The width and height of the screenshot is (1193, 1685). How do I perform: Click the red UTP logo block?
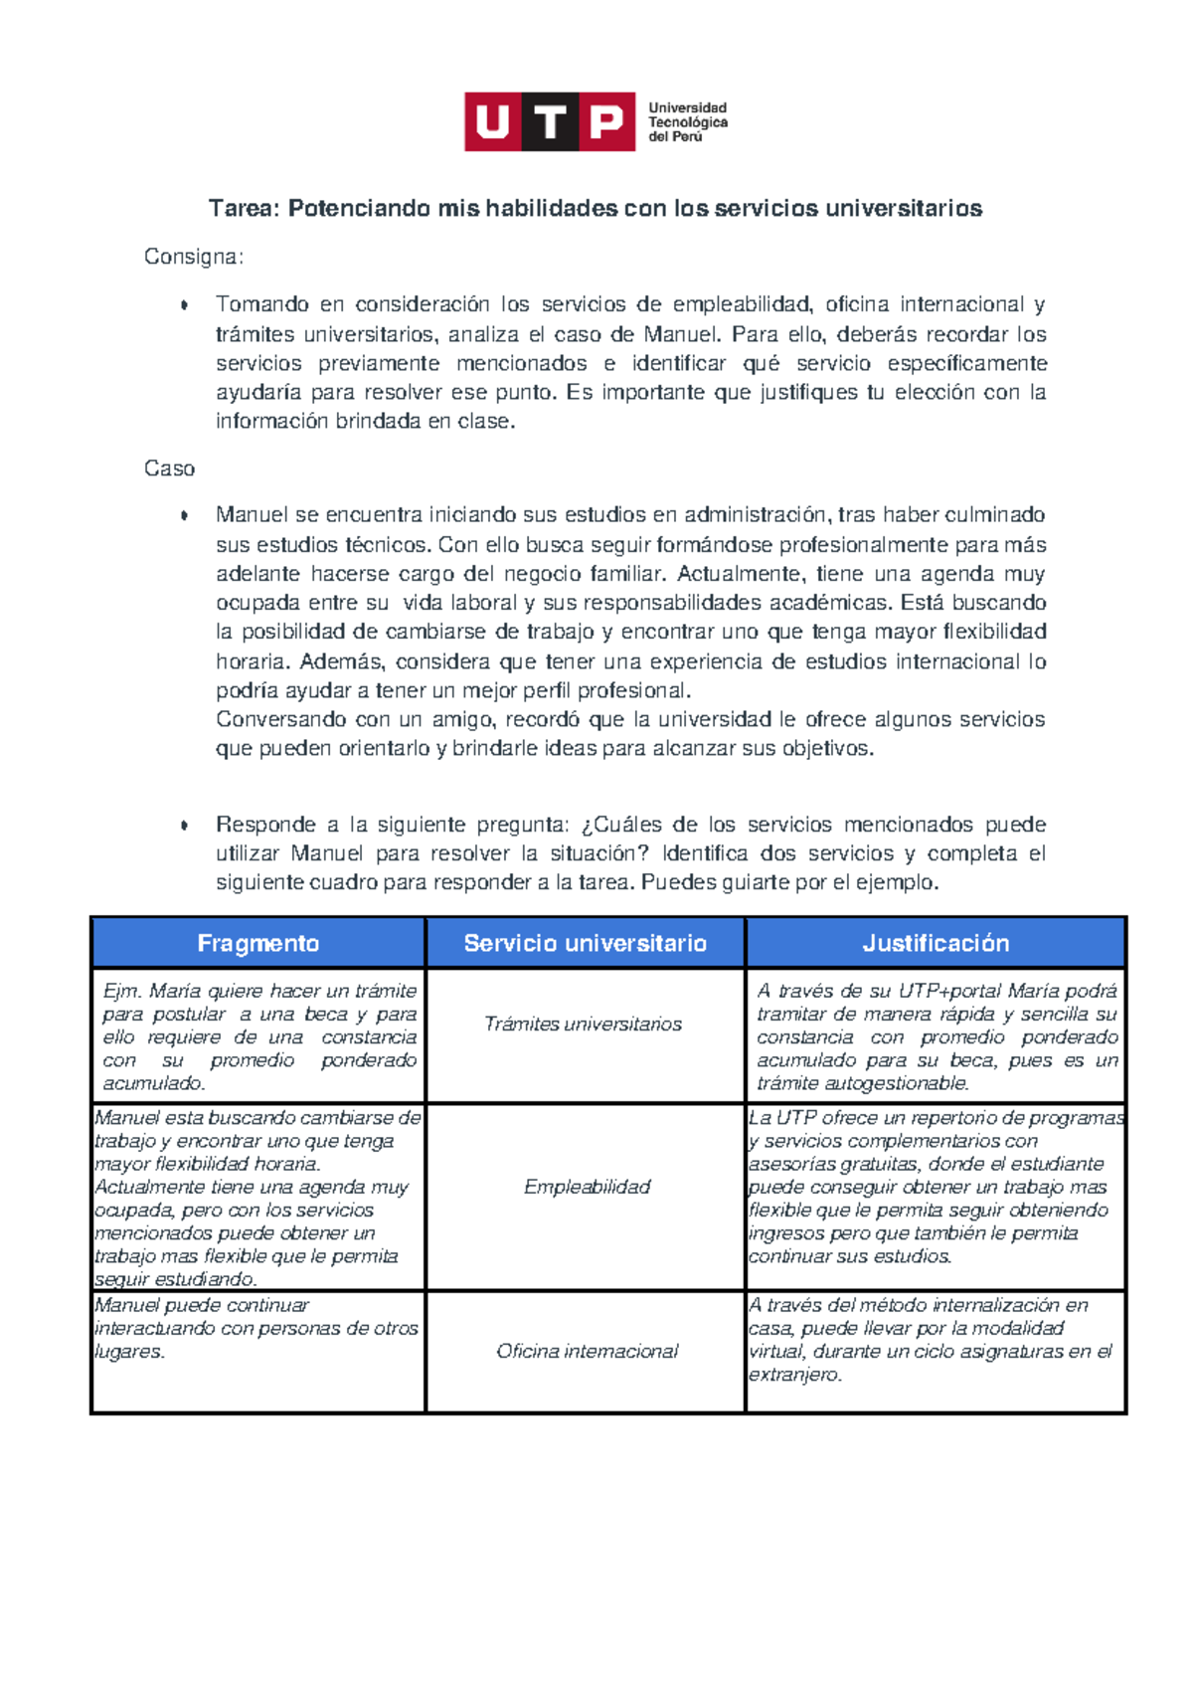(x=549, y=121)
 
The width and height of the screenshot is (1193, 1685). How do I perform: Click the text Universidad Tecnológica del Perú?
(x=688, y=121)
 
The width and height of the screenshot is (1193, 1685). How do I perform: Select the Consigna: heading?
(x=194, y=257)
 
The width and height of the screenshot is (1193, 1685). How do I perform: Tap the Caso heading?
(x=169, y=468)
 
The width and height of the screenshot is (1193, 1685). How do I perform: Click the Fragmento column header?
(x=258, y=943)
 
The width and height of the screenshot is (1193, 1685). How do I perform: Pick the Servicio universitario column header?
(x=585, y=943)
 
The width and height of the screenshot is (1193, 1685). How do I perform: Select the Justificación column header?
(x=936, y=943)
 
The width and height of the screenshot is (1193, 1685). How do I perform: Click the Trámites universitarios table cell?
(x=583, y=1024)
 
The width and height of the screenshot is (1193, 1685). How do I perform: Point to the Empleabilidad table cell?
(x=587, y=1187)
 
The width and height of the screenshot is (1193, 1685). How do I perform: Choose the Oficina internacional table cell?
(x=587, y=1351)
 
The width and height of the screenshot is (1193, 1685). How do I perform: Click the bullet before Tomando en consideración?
(x=184, y=305)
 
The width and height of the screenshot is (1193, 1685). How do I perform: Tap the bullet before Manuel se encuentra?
(x=184, y=515)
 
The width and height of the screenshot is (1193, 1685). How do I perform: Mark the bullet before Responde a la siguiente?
(x=184, y=826)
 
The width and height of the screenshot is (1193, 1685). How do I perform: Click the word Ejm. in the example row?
(x=122, y=991)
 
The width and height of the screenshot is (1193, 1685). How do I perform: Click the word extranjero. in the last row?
(x=795, y=1375)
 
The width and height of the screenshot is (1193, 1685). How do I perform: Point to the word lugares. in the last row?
(x=129, y=1352)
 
